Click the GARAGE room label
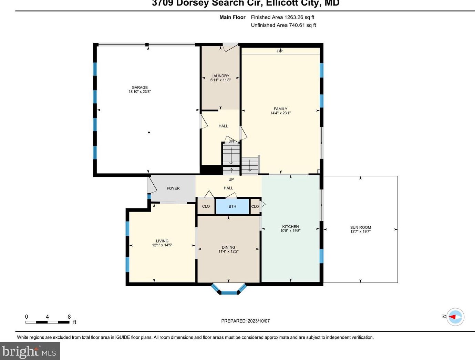point(140,88)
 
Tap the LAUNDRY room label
point(220,76)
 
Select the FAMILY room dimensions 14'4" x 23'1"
point(280,113)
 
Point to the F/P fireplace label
point(279,51)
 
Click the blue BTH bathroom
point(233,206)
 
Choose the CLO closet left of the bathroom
point(206,206)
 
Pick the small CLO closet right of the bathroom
point(255,206)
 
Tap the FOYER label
point(173,188)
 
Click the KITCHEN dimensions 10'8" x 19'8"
point(290,231)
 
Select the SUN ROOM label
point(360,227)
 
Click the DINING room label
point(228,247)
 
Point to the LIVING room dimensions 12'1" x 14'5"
point(162,245)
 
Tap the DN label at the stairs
point(231,141)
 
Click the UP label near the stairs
point(231,179)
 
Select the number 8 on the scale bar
point(69,317)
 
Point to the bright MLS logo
point(30,351)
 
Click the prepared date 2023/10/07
point(258,321)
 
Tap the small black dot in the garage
point(149,133)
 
